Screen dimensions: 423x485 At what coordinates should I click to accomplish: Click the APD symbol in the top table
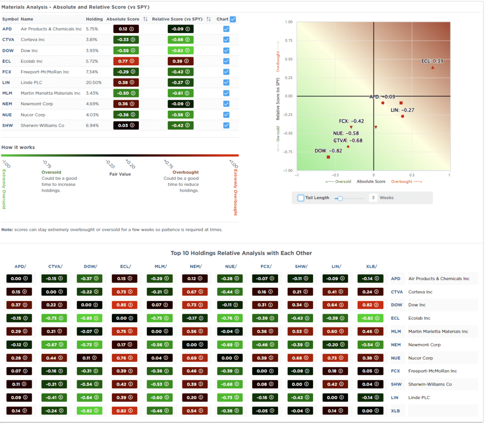(x=7, y=29)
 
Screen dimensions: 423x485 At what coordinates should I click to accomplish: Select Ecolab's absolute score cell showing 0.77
(x=126, y=61)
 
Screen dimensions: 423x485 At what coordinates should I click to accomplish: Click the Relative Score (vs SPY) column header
(x=177, y=19)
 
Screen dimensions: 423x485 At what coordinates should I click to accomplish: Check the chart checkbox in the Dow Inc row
(x=226, y=50)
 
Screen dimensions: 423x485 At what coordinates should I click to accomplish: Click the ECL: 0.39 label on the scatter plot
(x=433, y=61)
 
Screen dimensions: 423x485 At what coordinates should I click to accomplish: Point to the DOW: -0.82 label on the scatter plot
(x=328, y=150)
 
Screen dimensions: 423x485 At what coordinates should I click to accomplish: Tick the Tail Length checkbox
(x=301, y=198)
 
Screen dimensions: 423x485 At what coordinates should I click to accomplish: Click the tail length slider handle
(x=339, y=198)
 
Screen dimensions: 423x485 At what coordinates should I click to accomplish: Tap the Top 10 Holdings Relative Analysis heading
(x=241, y=253)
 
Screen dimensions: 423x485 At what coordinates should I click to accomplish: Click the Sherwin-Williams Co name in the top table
(x=42, y=125)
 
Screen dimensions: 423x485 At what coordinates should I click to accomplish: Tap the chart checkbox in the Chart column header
(x=233, y=19)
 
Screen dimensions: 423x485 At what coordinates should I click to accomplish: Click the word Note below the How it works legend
(x=7, y=229)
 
